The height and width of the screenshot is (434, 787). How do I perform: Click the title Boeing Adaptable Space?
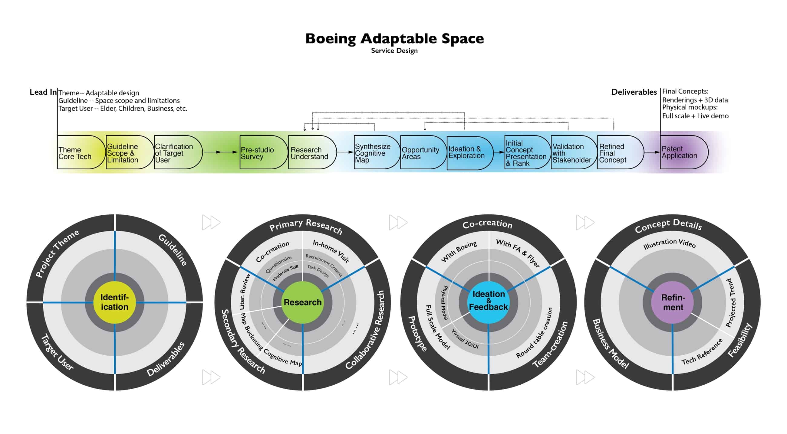click(x=394, y=39)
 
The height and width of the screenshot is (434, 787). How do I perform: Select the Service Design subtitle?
click(x=394, y=51)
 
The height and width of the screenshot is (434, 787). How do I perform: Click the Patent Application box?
click(x=684, y=152)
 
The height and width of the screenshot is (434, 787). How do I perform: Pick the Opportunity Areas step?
click(x=423, y=152)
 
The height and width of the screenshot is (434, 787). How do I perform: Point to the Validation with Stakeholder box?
click(x=574, y=152)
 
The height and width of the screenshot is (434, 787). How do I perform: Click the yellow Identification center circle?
click(x=114, y=302)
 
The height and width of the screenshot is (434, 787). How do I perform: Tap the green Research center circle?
click(x=302, y=302)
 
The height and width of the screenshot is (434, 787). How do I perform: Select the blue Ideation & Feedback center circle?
click(x=489, y=302)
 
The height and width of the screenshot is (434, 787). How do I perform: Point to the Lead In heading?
click(x=43, y=92)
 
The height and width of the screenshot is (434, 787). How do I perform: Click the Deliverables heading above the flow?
click(x=634, y=92)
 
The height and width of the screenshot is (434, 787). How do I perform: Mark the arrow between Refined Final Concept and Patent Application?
click(x=652, y=152)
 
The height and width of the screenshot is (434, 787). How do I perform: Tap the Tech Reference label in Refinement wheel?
click(x=702, y=351)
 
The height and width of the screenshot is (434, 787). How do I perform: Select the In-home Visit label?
click(x=331, y=251)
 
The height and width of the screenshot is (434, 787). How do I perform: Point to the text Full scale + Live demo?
click(x=695, y=116)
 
